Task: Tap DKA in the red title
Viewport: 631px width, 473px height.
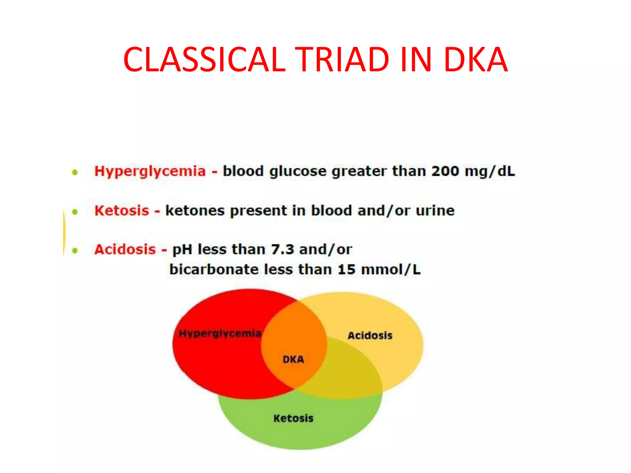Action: [476, 59]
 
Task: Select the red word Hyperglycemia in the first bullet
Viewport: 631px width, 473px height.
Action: [150, 172]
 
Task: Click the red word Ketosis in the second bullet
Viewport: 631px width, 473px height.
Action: [122, 211]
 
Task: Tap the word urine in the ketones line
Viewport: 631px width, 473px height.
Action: [435, 211]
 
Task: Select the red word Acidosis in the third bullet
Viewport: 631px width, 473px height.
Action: [125, 249]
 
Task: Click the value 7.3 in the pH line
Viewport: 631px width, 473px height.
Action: [283, 249]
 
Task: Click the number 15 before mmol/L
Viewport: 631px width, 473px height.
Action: [347, 269]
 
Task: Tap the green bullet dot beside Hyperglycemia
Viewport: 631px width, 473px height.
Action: [75, 172]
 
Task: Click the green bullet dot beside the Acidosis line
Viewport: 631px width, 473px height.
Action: [75, 250]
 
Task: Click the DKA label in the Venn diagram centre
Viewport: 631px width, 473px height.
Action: [293, 359]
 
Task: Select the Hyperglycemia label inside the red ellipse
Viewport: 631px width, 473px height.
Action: [220, 334]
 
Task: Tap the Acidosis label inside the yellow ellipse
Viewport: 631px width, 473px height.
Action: [370, 335]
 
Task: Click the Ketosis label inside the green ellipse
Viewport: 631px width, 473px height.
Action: [293, 418]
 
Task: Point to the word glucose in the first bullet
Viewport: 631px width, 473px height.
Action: [298, 172]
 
